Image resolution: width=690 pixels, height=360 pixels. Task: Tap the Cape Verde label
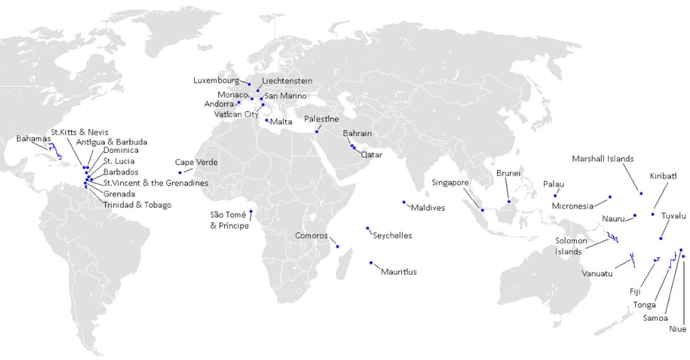point(196,162)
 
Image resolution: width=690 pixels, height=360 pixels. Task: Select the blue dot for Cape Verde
point(180,172)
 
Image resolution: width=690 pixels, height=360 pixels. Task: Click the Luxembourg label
point(217,80)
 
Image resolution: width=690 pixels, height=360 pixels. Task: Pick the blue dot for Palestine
point(317,132)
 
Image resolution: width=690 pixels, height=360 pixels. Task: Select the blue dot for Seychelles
point(367,228)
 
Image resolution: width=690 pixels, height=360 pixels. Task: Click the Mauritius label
point(398,271)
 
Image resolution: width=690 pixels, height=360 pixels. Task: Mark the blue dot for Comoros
point(338,247)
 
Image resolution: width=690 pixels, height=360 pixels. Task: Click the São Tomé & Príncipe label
point(229,220)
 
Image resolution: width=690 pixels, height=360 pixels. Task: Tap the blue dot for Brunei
point(509,201)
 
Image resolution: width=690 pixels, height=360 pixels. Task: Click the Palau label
point(553,184)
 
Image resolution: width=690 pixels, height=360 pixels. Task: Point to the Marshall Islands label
point(603,159)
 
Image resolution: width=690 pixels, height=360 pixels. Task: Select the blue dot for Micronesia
point(610,196)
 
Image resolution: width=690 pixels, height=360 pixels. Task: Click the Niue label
point(677,329)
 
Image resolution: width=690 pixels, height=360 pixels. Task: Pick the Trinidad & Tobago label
point(137,205)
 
